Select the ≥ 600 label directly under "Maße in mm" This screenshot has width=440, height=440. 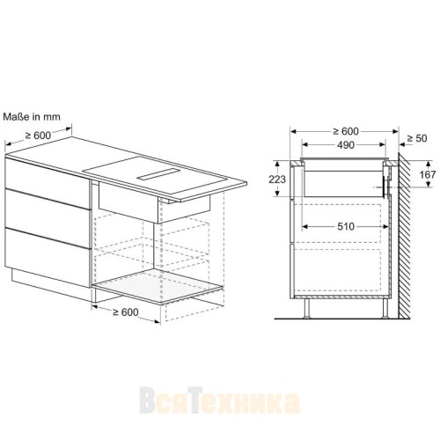pos(38,135)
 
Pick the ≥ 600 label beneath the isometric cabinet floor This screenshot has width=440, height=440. pos(125,312)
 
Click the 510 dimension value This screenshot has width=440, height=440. pos(344,226)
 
